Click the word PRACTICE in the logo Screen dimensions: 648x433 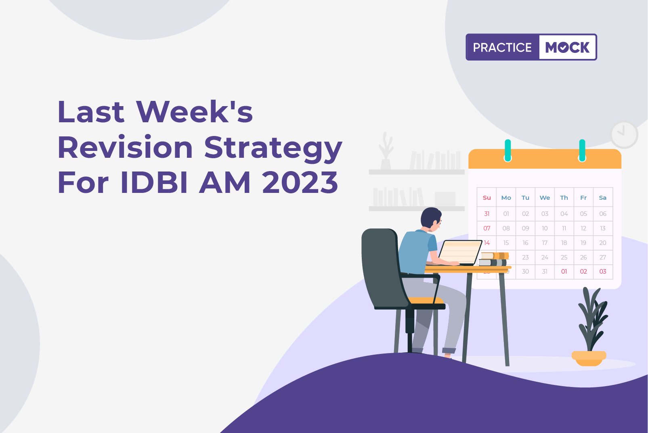[502, 47]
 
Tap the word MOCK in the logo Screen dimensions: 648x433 [567, 47]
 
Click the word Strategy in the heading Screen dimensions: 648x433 [273, 149]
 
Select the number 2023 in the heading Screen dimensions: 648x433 [300, 183]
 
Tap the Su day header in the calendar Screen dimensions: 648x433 [487, 198]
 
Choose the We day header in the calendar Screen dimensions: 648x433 [545, 198]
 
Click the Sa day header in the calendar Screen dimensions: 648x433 [603, 198]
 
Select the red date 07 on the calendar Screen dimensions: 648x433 [487, 228]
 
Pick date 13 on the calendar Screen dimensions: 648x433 [603, 228]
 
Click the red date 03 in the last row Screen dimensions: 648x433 [603, 272]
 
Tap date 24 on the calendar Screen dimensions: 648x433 [545, 257]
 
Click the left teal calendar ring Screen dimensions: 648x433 [507, 150]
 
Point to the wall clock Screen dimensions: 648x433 [624, 134]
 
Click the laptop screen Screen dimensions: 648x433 [460, 252]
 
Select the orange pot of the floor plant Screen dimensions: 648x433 [589, 358]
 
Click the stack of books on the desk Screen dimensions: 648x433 [493, 259]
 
